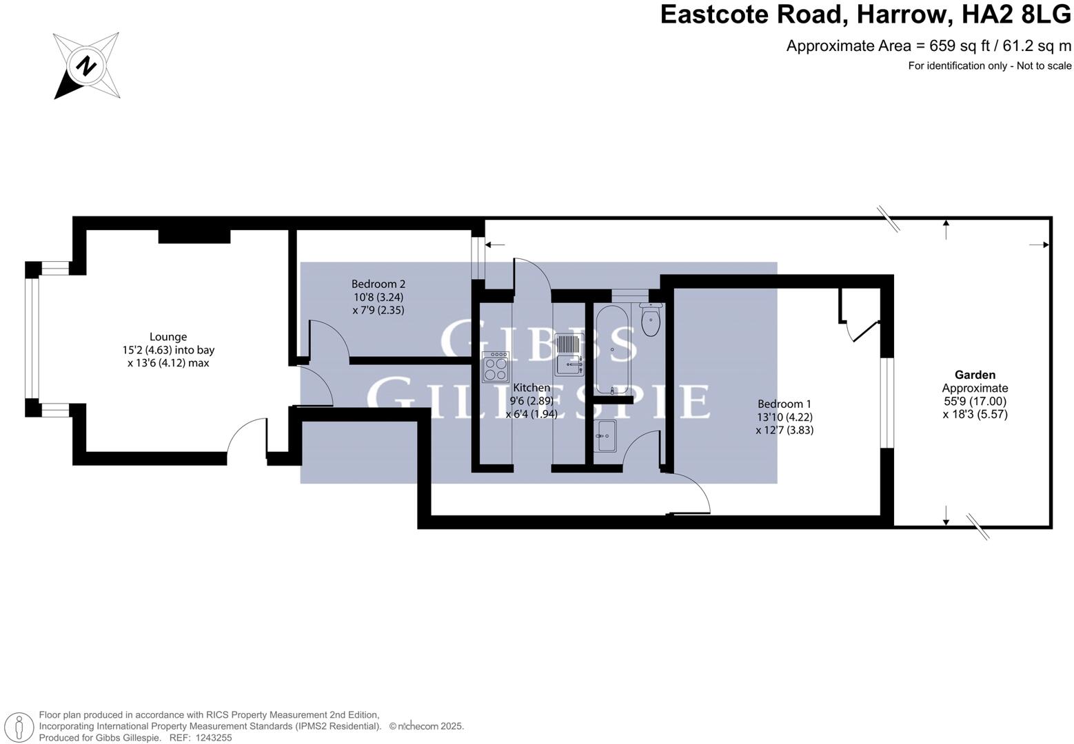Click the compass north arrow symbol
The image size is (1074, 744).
tap(86, 66)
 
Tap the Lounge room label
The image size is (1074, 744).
tap(168, 337)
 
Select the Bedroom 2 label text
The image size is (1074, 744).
tap(378, 284)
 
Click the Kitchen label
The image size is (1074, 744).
tap(531, 388)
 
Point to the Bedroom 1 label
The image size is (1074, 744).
tap(784, 404)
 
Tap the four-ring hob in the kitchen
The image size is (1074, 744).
tap(496, 366)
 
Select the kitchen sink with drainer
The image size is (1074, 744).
tap(569, 354)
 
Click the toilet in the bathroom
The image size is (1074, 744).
tap(650, 320)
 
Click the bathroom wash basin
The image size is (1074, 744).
tap(607, 436)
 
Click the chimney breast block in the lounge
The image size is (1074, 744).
tap(194, 236)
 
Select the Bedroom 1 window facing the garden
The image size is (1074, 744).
tap(887, 402)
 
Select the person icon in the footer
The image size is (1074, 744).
tap(22, 727)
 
